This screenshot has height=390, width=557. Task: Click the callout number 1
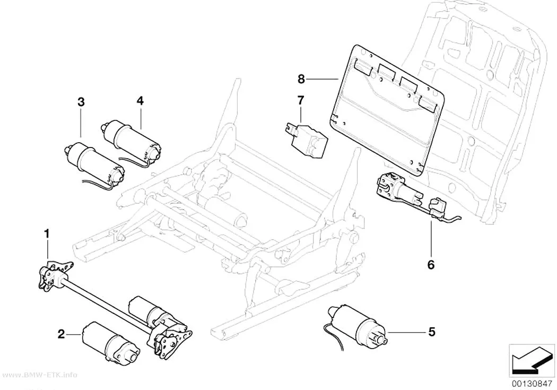pyautogui.click(x=47, y=234)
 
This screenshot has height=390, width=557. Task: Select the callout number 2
pyautogui.click(x=62, y=334)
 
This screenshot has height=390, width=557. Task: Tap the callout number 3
pyautogui.click(x=81, y=102)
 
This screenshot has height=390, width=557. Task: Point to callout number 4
pyautogui.click(x=141, y=101)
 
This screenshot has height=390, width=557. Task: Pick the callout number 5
pyautogui.click(x=432, y=332)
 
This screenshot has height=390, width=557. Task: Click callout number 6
pyautogui.click(x=431, y=265)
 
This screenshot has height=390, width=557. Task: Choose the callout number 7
pyautogui.click(x=301, y=100)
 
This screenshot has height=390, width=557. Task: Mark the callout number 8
pyautogui.click(x=301, y=79)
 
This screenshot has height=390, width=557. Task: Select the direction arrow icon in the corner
pyautogui.click(x=532, y=362)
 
